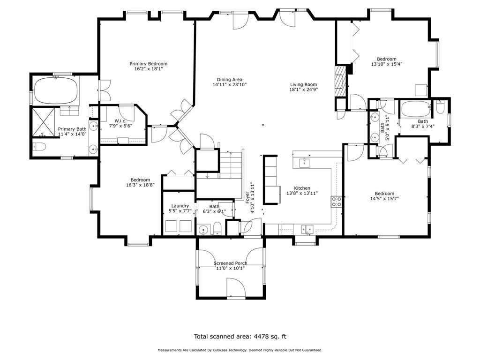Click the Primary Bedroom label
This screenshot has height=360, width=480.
[x=149, y=64]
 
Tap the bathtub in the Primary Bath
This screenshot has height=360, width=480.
[x=55, y=90]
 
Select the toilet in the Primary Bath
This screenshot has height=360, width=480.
[x=39, y=147]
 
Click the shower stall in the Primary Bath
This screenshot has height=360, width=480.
[x=43, y=122]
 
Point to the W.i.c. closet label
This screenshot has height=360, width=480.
[x=120, y=121]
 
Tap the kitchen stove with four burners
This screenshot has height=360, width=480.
[x=336, y=202]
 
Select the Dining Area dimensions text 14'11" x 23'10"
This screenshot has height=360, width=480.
[x=230, y=85]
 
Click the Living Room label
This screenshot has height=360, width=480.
[x=304, y=84]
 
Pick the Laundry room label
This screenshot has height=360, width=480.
[x=180, y=206]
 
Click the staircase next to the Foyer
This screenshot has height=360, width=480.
[x=231, y=165]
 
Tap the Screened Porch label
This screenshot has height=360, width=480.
[x=230, y=263]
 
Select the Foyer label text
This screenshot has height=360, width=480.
[x=247, y=197]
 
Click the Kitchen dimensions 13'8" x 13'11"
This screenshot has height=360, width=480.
[x=302, y=193]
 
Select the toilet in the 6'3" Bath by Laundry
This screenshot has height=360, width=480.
[x=217, y=229]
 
